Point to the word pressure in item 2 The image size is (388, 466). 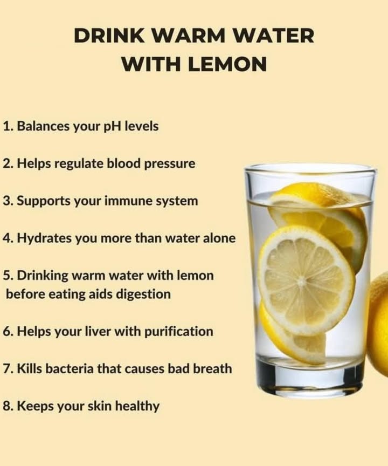point(170,163)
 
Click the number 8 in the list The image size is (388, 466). point(6,406)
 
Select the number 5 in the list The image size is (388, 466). point(6,276)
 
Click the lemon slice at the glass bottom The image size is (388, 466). point(291,340)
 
